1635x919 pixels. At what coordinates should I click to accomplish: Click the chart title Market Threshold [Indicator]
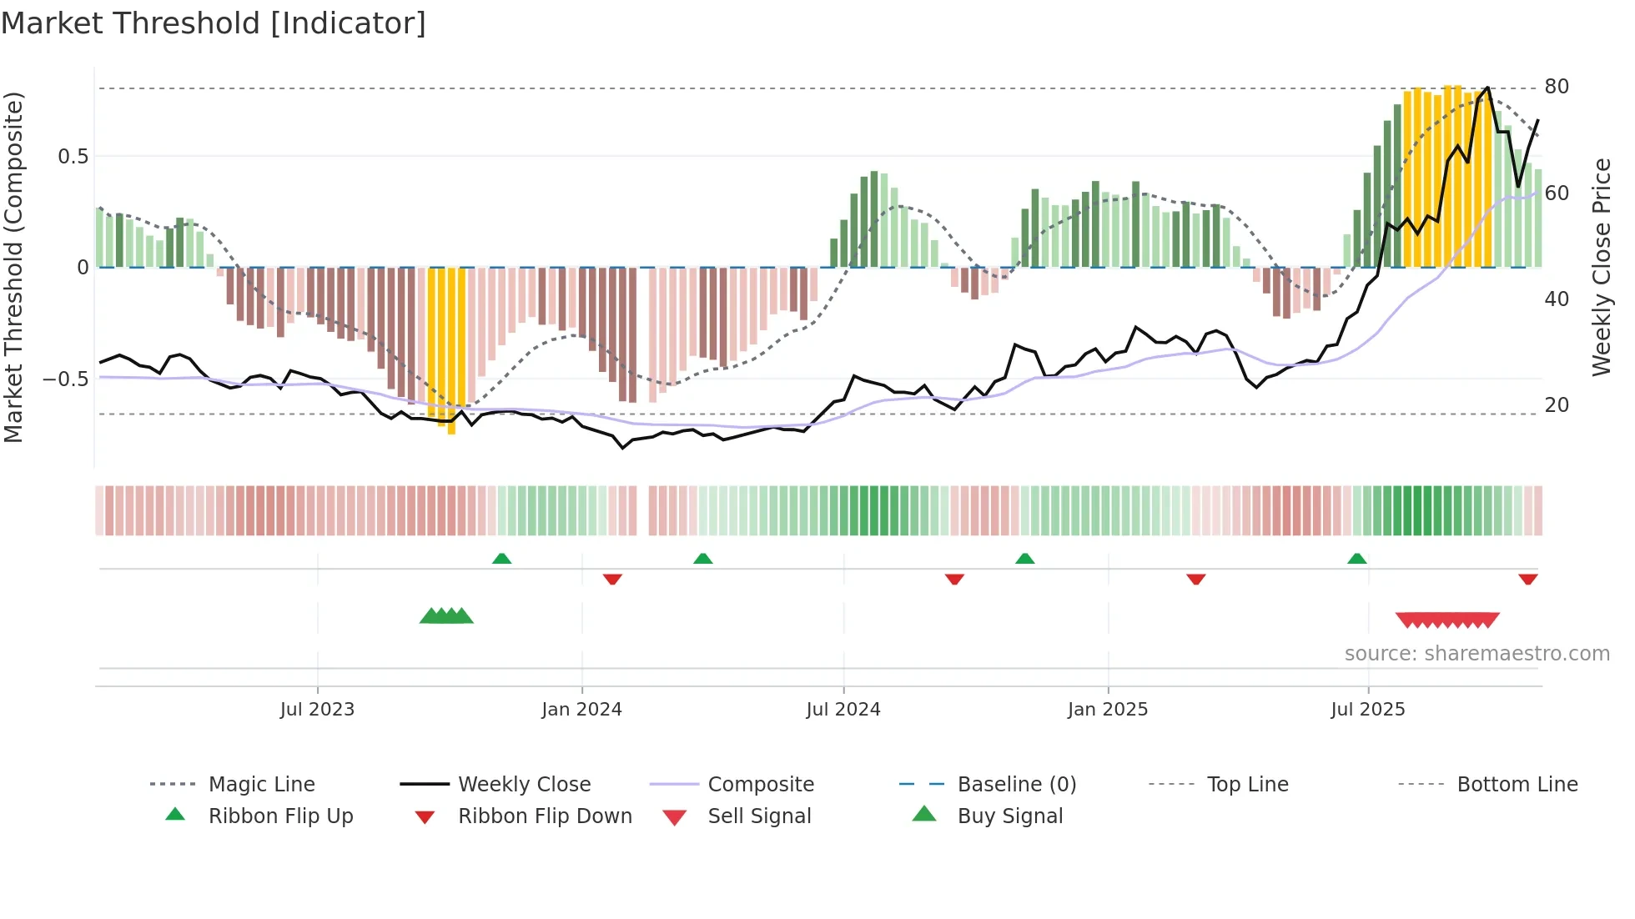pos(214,23)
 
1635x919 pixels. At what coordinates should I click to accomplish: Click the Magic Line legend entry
pos(261,784)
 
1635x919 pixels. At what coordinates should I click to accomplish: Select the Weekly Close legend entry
pos(524,784)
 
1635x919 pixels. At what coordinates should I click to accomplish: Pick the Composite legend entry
pos(761,784)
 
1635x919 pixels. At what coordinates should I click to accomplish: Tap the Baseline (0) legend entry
pos(1016,784)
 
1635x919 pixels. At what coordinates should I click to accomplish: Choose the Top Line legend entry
pos(1247,784)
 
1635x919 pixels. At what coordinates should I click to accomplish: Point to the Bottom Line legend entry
pos(1517,784)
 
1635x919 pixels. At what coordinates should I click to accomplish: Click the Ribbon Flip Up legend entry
pos(280,816)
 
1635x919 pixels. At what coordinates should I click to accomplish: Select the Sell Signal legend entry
pos(759,816)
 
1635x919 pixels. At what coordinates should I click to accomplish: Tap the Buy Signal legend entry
pos(1009,816)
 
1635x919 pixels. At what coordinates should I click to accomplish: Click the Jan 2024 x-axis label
pos(581,710)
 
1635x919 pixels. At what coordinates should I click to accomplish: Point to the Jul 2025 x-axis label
pos(1367,710)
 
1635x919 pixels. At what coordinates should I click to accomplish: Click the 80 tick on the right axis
pos(1557,87)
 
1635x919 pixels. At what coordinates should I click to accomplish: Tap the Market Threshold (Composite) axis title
pos(13,267)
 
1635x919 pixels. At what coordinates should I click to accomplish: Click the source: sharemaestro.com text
pos(1477,654)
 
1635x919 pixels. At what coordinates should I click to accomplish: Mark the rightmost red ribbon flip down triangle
pos(1528,579)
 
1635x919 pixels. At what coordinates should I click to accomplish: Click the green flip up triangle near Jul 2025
pos(1357,559)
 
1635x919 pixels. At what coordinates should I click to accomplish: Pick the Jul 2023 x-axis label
pos(317,710)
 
